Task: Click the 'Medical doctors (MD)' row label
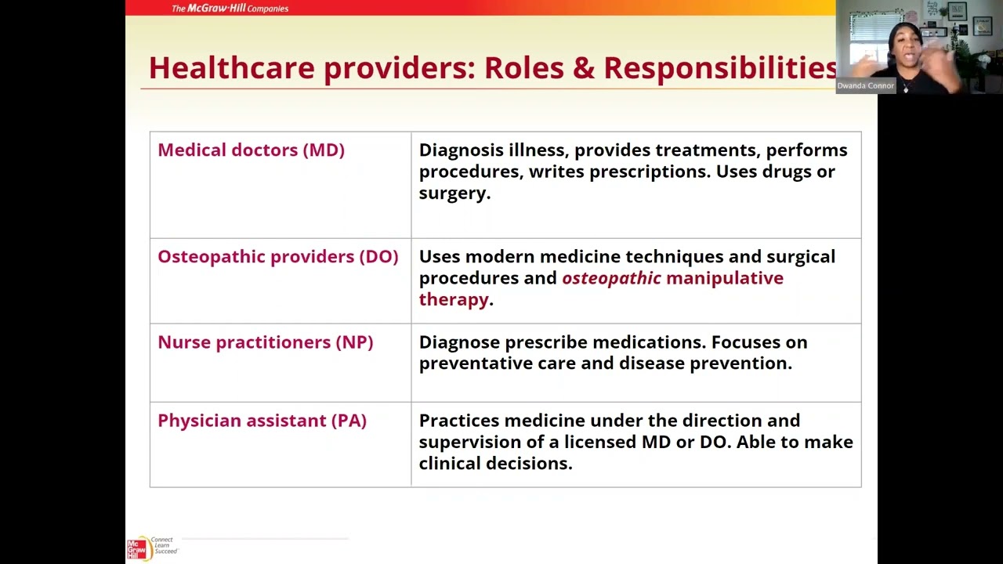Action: pyautogui.click(x=251, y=150)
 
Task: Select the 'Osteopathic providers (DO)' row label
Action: pyautogui.click(x=277, y=257)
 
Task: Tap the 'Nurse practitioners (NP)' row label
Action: pyautogui.click(x=265, y=342)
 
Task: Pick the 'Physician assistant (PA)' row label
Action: pyautogui.click(x=262, y=421)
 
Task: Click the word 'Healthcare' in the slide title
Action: pyautogui.click(x=232, y=68)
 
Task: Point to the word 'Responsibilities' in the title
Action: pyautogui.click(x=719, y=68)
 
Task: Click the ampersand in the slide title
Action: pyautogui.click(x=584, y=68)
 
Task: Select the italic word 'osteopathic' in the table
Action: pyautogui.click(x=611, y=278)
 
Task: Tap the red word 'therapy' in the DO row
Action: pyautogui.click(x=454, y=299)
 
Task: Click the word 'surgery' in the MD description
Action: pyautogui.click(x=452, y=193)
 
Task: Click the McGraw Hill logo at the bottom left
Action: pyautogui.click(x=138, y=548)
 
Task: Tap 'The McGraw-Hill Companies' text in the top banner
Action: pyautogui.click(x=230, y=9)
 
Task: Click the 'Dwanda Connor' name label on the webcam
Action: pyautogui.click(x=865, y=86)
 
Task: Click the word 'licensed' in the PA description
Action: pyautogui.click(x=600, y=442)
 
